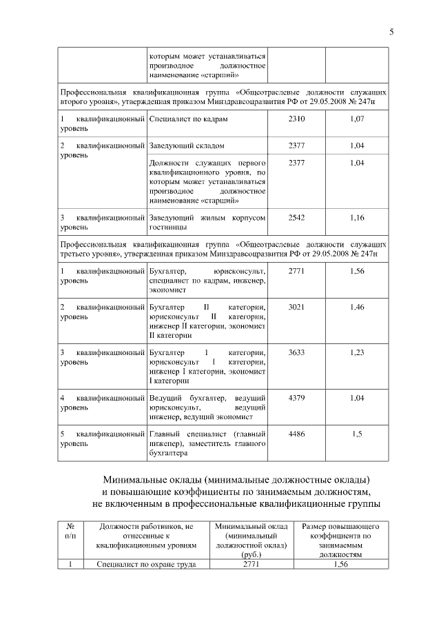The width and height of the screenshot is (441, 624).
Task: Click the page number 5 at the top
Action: [x=391, y=31]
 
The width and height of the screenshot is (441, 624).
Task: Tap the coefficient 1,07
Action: [x=357, y=119]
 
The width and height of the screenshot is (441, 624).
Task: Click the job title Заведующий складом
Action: [x=186, y=146]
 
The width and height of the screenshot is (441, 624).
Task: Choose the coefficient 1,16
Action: [x=357, y=217]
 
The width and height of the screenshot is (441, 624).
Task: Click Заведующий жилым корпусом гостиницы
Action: [x=207, y=222]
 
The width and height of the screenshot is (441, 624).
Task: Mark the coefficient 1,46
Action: [x=357, y=305]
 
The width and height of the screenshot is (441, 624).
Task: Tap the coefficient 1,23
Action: [x=357, y=352]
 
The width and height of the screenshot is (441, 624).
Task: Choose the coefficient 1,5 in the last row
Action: [x=357, y=434]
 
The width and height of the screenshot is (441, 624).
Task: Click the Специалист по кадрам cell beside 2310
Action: [x=187, y=119]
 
